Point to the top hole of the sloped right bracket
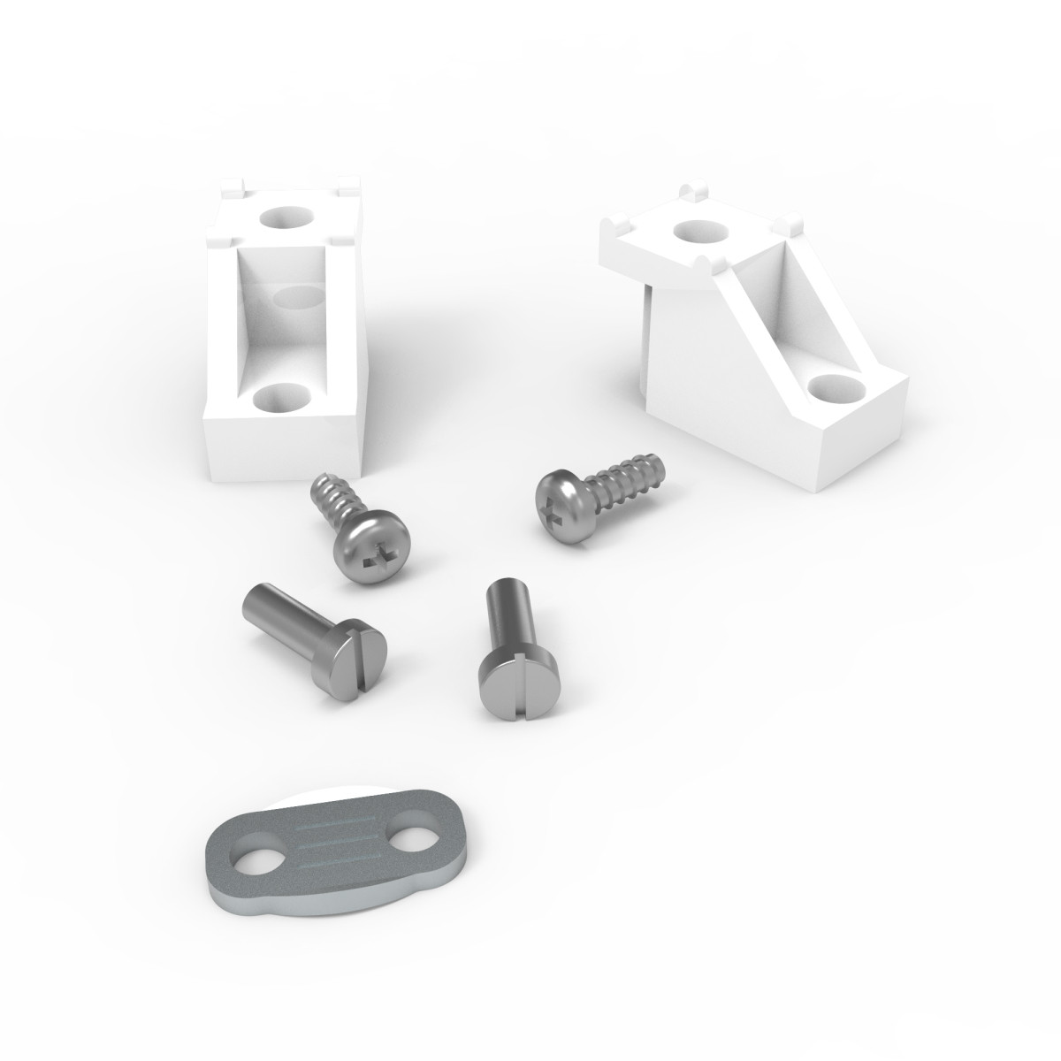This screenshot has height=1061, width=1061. pos(698,230)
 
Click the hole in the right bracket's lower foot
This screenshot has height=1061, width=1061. pos(835,386)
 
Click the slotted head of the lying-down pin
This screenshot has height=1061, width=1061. pos(359,658)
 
